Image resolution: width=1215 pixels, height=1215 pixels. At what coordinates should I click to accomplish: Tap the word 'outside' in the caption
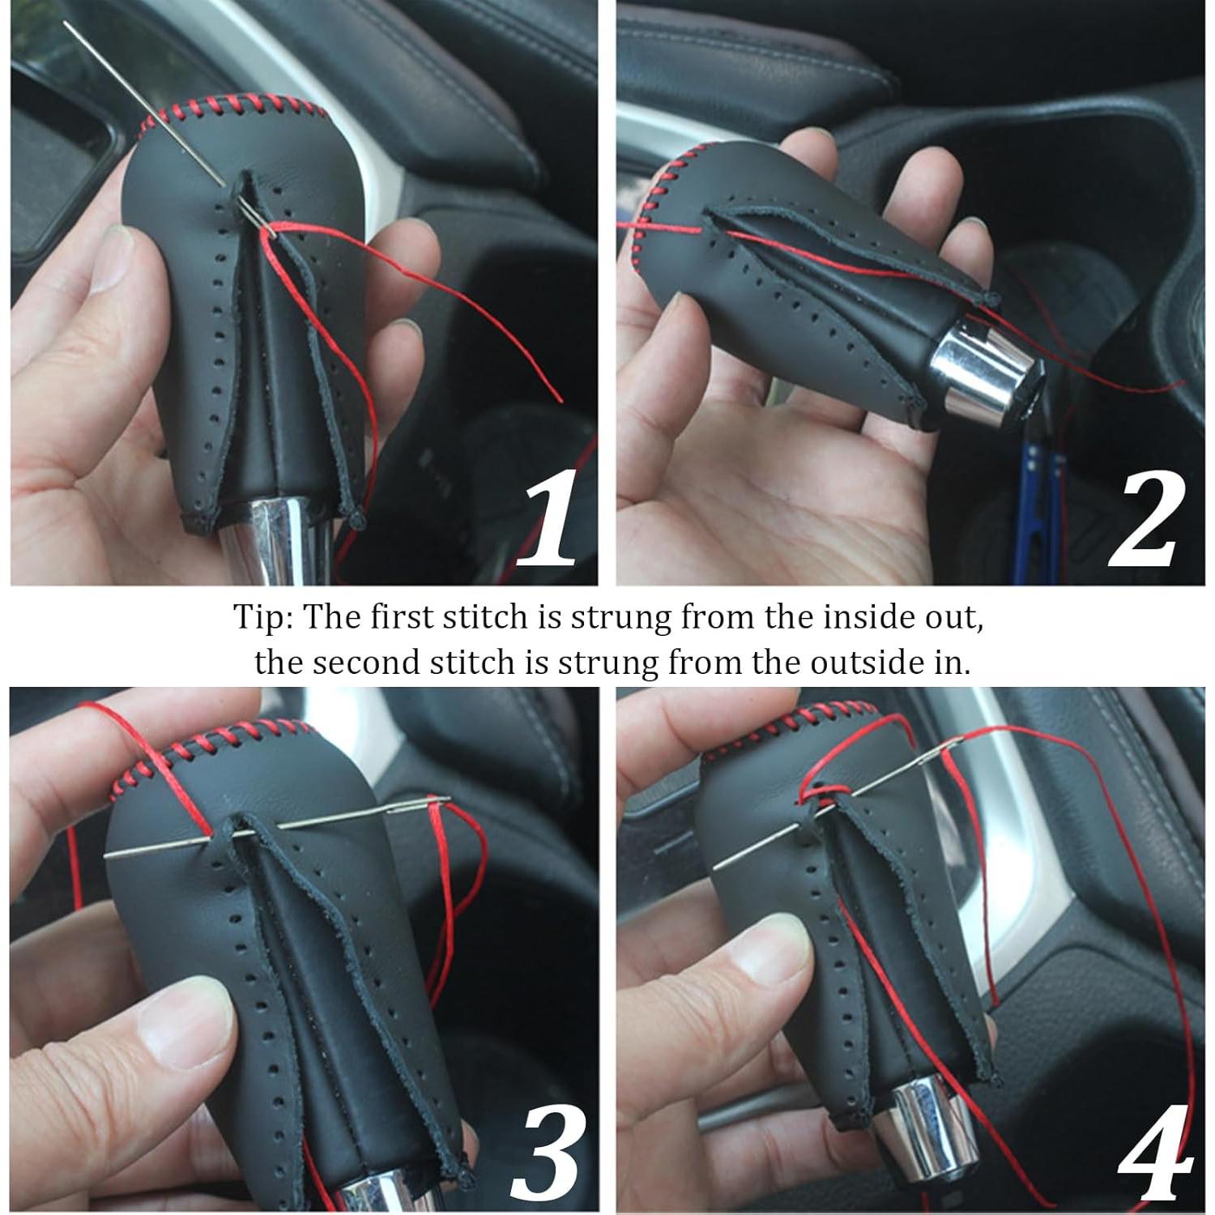pos(811,663)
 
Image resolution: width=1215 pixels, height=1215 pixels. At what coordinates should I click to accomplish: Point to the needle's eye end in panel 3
pos(441,804)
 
